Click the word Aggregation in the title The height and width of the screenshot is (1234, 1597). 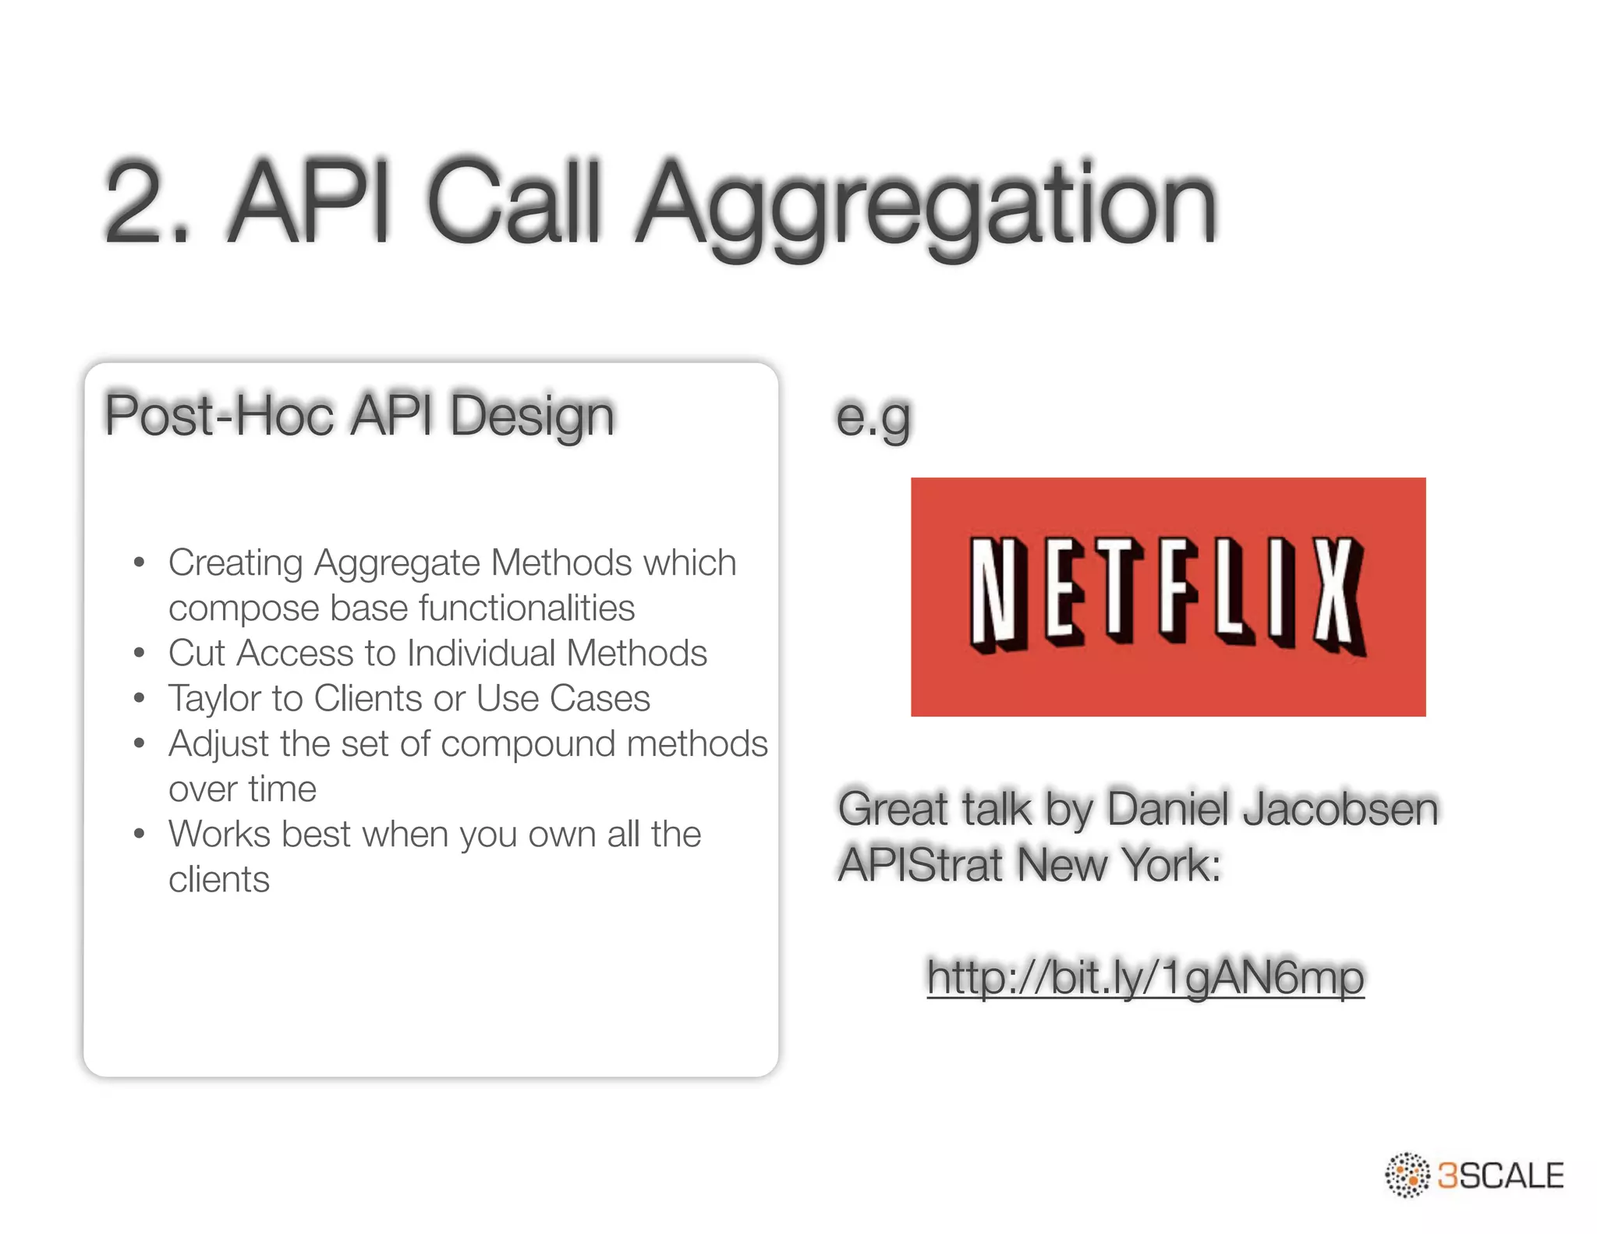(x=926, y=204)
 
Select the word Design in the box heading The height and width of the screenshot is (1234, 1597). (x=532, y=416)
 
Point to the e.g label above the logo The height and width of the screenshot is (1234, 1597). (x=873, y=417)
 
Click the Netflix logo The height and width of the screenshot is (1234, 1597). (x=1167, y=597)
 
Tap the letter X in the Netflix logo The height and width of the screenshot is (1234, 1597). (x=1338, y=597)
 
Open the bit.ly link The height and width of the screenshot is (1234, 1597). (x=1145, y=977)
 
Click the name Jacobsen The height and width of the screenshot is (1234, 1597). (x=1340, y=808)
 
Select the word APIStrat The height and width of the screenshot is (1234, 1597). (x=920, y=864)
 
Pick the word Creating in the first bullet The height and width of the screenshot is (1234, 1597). (x=235, y=562)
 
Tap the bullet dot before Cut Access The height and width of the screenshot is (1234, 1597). (x=140, y=653)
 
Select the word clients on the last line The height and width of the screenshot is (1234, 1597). (x=219, y=879)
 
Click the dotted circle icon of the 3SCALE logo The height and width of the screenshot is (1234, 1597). (x=1408, y=1175)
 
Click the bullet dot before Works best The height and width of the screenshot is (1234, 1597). (x=140, y=834)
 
